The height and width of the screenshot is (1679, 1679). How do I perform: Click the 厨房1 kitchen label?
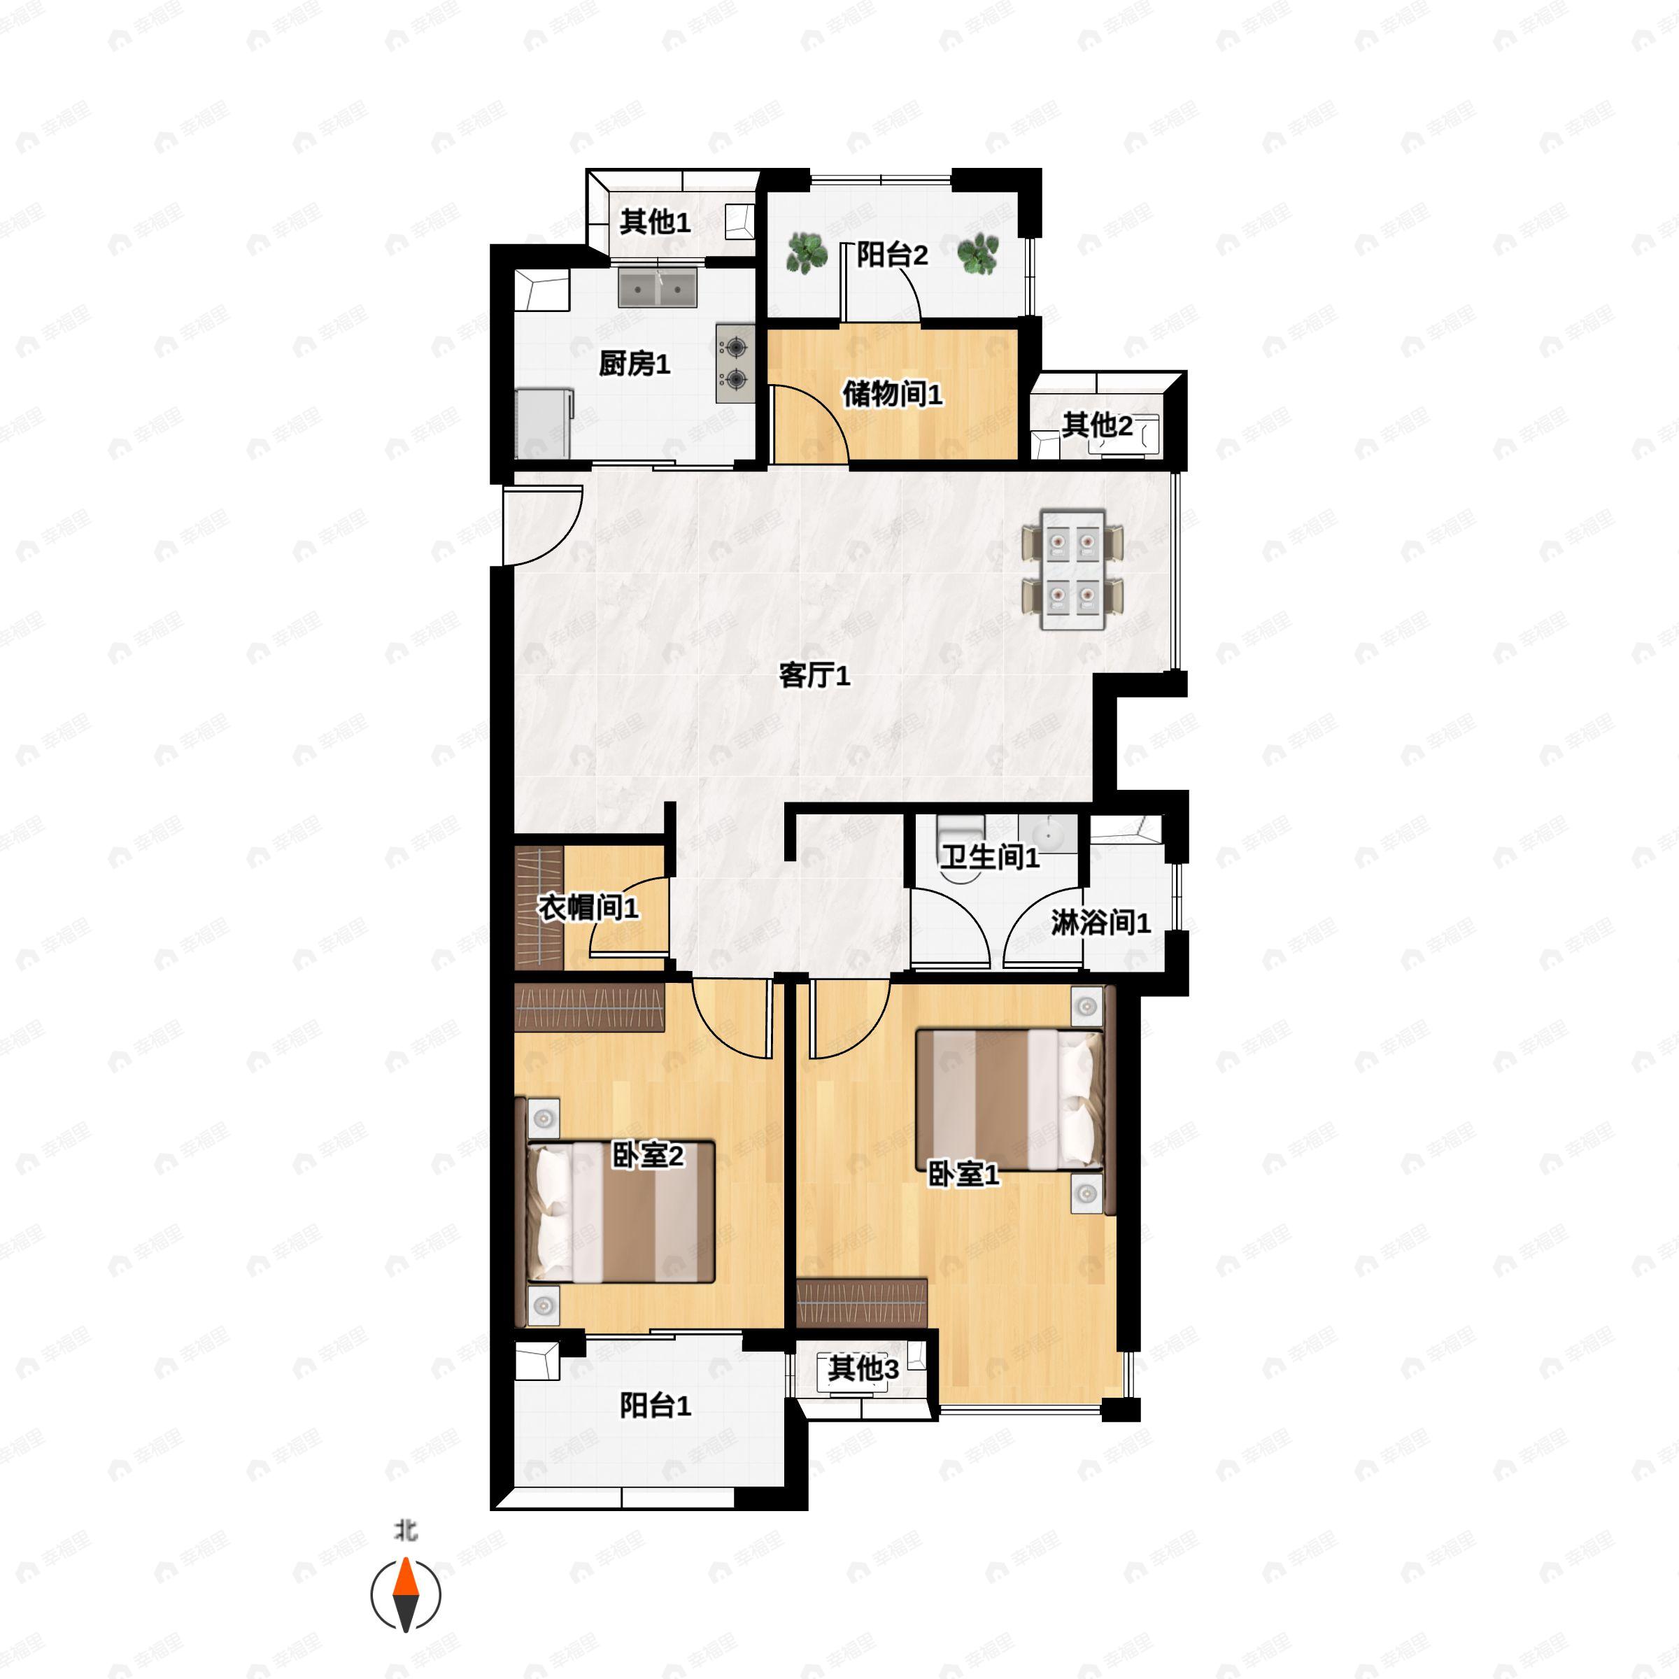tap(635, 363)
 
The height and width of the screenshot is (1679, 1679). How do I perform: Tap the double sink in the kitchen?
tap(657, 288)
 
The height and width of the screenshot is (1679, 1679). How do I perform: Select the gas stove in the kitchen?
tap(735, 363)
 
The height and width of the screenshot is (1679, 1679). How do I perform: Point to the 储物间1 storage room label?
tap(893, 394)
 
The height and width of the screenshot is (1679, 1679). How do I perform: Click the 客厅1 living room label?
tap(814, 674)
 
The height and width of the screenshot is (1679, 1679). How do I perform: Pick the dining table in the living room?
tap(1072, 569)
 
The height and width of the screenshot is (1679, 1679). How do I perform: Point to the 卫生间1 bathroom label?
tap(990, 858)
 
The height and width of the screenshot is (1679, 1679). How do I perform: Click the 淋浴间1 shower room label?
tap(1101, 922)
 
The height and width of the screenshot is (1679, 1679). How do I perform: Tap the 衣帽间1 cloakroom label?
tap(588, 908)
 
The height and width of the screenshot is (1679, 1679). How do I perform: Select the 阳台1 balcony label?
tap(656, 1405)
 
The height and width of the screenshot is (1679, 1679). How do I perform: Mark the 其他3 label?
tap(863, 1369)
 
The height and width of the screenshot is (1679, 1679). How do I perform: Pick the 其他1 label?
tap(656, 222)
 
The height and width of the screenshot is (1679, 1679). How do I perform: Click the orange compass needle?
tap(406, 1595)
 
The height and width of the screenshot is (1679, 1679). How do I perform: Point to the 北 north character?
tap(406, 1531)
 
